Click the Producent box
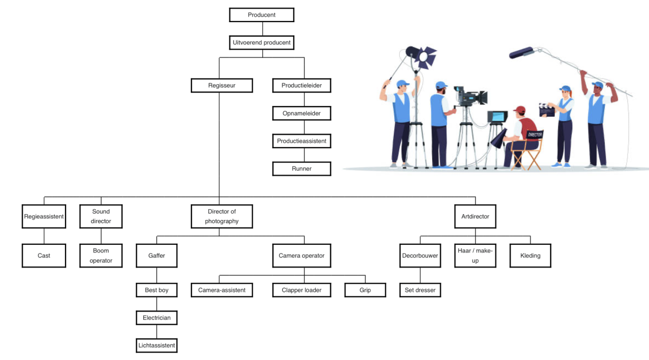point(262,15)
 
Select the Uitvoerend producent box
point(262,43)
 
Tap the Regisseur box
point(222,85)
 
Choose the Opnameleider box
point(301,114)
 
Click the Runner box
point(301,169)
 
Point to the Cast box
point(44,255)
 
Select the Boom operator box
point(101,255)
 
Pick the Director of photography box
point(222,216)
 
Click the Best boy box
point(156,290)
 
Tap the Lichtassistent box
point(156,345)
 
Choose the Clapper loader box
point(301,290)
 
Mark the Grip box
point(365,290)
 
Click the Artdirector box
point(475,216)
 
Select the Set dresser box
point(420,290)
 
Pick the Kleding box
point(530,255)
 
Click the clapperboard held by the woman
point(547,109)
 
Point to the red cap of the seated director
point(519,110)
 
